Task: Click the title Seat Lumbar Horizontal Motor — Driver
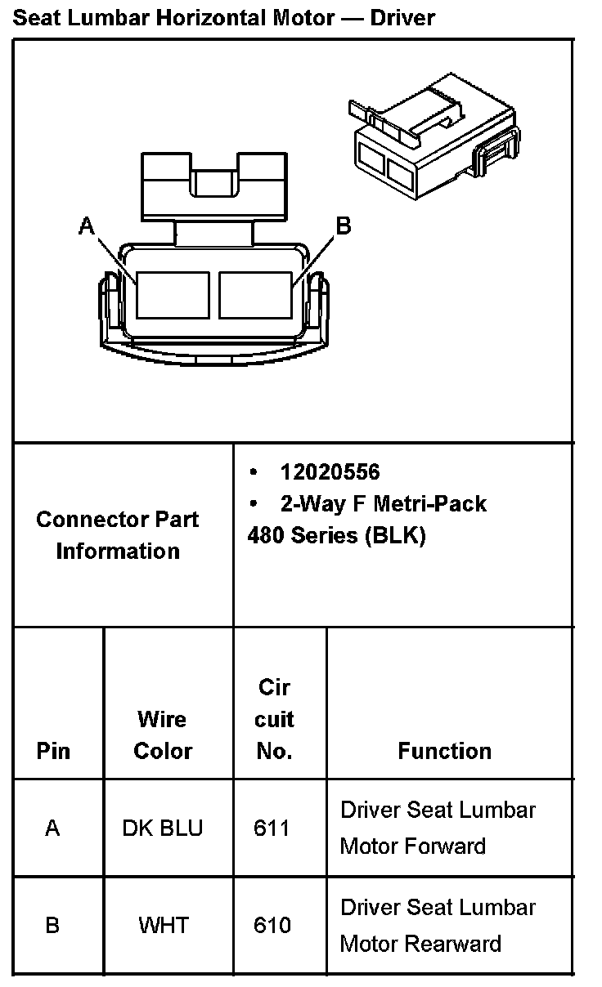click(223, 17)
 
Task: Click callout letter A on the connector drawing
click(87, 226)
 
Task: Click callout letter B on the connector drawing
click(344, 226)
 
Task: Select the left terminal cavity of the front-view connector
click(173, 294)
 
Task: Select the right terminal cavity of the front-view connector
click(255, 294)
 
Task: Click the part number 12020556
click(330, 472)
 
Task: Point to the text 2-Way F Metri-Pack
click(383, 503)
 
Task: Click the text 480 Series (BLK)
click(336, 535)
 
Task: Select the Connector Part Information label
click(118, 534)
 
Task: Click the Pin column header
click(53, 751)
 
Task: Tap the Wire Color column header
click(163, 735)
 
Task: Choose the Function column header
click(444, 751)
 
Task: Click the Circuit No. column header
click(274, 719)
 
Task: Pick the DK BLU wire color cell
click(162, 828)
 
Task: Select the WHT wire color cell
click(164, 925)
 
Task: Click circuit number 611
click(272, 828)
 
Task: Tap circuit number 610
click(272, 925)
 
